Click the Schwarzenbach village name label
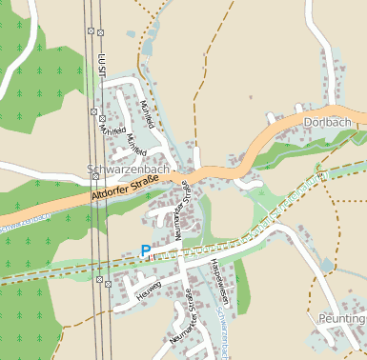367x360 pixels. click(128, 170)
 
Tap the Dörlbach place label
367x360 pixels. click(334, 122)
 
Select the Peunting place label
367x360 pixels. click(343, 317)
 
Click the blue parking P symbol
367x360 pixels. click(145, 250)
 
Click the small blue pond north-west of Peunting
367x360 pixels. click(327, 264)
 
